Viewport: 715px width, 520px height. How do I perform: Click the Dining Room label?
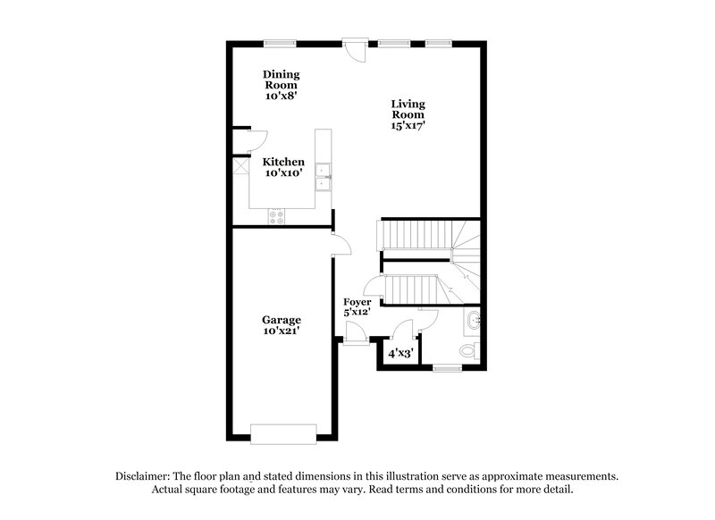tap(281, 84)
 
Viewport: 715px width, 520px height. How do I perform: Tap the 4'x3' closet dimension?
tap(400, 353)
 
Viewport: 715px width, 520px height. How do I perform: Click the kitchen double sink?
tap(324, 176)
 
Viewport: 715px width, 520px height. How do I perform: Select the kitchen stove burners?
tap(277, 214)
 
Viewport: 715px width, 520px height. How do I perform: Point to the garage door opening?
tap(282, 433)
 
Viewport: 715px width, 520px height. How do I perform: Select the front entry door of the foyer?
tap(355, 333)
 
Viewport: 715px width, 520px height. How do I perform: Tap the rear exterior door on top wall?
tap(356, 48)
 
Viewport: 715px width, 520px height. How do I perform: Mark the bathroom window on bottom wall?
tap(445, 367)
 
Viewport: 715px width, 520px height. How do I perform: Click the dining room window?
tap(280, 42)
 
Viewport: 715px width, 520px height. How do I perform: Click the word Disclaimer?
tap(145, 476)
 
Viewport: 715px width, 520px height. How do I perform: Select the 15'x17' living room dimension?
tap(408, 126)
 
